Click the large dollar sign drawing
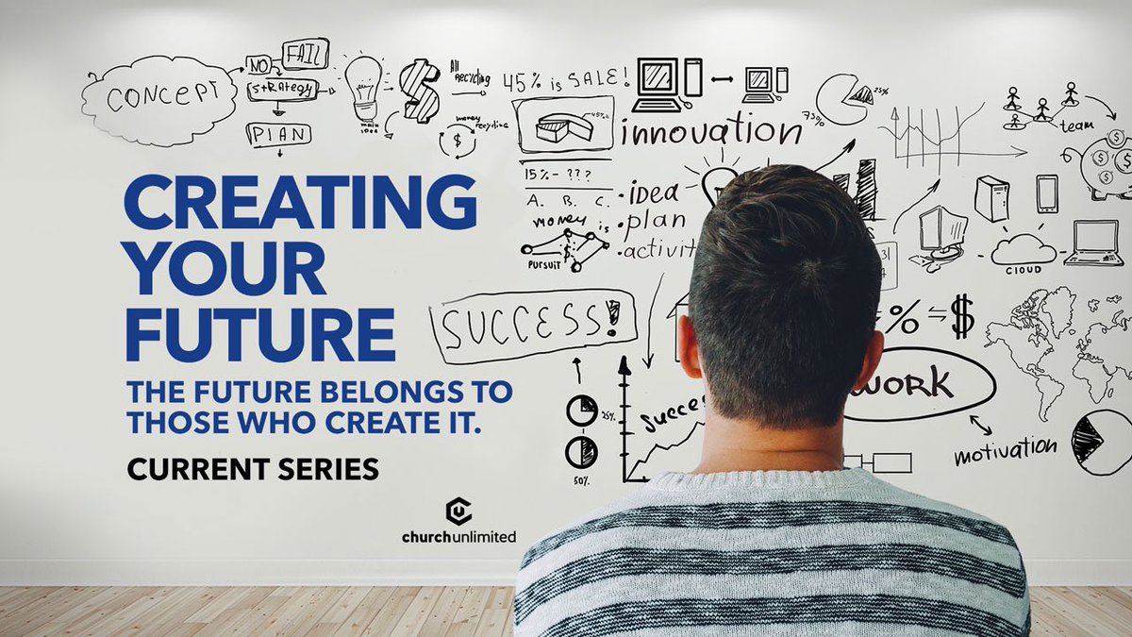[419, 91]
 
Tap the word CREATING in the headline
[299, 202]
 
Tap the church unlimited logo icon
[458, 511]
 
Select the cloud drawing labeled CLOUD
[1024, 250]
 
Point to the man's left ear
[688, 345]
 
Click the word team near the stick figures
[1076, 125]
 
